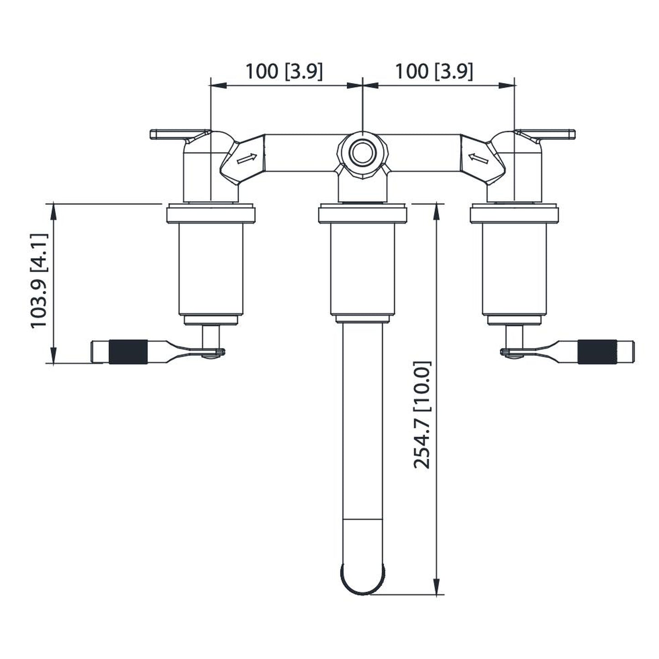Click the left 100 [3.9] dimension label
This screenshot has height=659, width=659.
pyautogui.click(x=284, y=72)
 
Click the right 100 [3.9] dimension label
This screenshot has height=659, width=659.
pyautogui.click(x=433, y=72)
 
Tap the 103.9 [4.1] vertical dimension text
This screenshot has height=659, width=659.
pyautogui.click(x=39, y=280)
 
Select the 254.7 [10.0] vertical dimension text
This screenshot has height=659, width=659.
pyautogui.click(x=422, y=415)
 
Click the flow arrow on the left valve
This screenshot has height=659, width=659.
pyautogui.click(x=247, y=159)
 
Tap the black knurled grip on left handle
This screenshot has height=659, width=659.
pyautogui.click(x=128, y=352)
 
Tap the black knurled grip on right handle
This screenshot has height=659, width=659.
pyautogui.click(x=597, y=352)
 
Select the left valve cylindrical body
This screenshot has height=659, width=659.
pyautogui.click(x=211, y=269)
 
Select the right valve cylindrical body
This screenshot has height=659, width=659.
pyautogui.click(x=514, y=269)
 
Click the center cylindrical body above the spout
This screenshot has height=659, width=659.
pyautogui.click(x=362, y=269)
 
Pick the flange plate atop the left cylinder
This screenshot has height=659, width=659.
pyautogui.click(x=211, y=214)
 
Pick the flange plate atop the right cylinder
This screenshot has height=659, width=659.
pyautogui.click(x=514, y=214)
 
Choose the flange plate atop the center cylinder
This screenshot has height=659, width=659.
pyautogui.click(x=362, y=214)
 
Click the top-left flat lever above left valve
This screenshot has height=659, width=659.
pyautogui.click(x=176, y=134)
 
